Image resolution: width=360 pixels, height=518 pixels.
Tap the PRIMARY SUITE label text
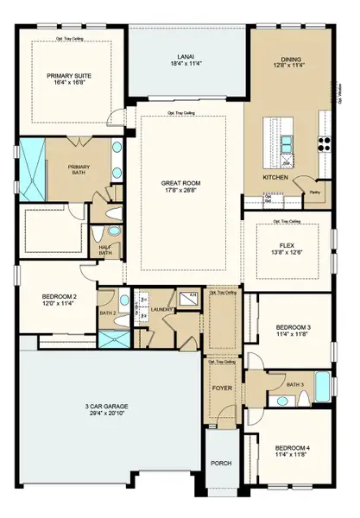(x=71, y=75)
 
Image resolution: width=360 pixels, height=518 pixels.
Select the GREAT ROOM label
(x=181, y=183)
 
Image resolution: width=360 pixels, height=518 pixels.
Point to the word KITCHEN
(x=276, y=177)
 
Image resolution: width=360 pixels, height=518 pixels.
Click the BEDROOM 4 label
(x=290, y=447)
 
